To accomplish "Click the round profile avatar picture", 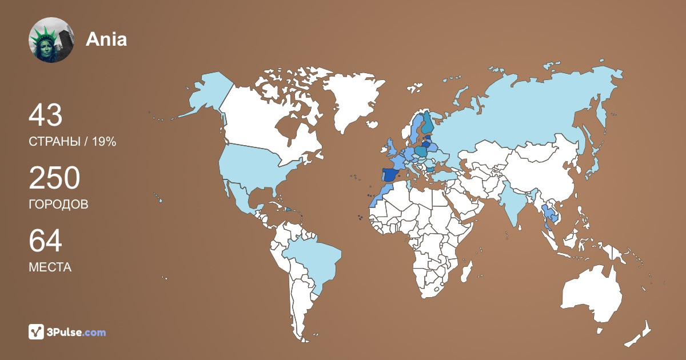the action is tap(51, 39).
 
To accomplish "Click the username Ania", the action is tap(106, 39).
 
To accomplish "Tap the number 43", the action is tap(45, 116).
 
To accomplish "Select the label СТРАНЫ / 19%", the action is tap(73, 142).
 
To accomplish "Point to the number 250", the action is tap(54, 179).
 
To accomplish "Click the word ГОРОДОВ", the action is tap(58, 205).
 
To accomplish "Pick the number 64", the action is tap(45, 241).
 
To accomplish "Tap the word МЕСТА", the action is tap(50, 267).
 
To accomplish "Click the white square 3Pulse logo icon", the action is tap(37, 331).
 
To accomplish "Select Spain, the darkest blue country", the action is tap(390, 175).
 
